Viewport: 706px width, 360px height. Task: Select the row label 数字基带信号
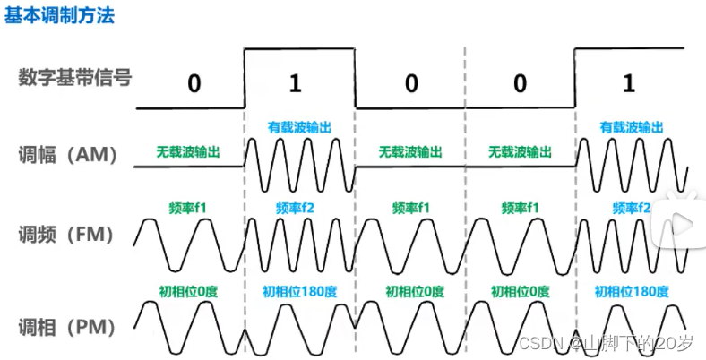[74, 78]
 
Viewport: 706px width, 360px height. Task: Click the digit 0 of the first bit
[194, 84]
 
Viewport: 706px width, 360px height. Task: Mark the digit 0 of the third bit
[411, 84]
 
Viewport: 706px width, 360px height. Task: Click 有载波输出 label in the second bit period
[300, 128]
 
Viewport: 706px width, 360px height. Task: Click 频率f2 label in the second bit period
[299, 208]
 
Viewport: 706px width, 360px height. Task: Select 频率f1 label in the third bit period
[410, 208]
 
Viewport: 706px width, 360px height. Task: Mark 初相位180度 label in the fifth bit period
[631, 291]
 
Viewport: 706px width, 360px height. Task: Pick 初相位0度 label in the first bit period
[188, 291]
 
